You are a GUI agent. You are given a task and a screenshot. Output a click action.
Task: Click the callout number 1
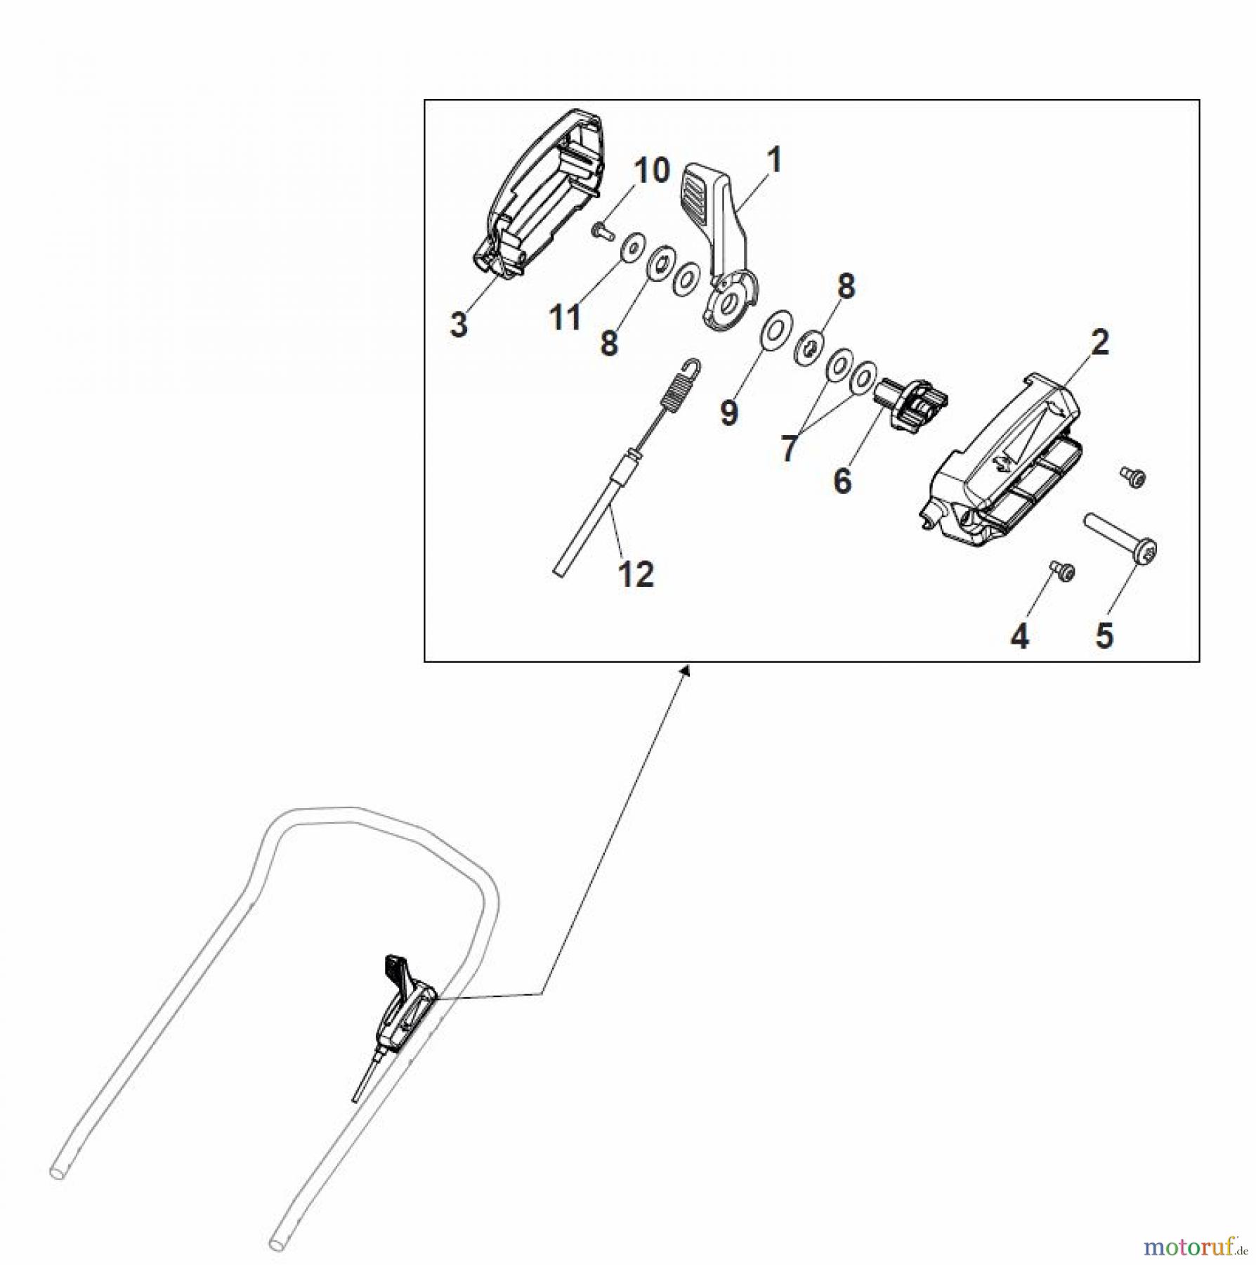click(773, 160)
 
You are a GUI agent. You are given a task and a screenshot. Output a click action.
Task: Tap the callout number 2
click(1099, 342)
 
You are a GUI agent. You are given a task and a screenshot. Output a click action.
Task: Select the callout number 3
click(458, 325)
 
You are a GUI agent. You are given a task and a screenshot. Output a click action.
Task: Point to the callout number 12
click(636, 574)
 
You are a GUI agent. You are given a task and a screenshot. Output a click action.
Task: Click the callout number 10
click(652, 171)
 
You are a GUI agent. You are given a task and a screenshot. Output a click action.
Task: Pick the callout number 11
click(565, 318)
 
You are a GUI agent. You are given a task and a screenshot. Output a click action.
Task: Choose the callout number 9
click(729, 413)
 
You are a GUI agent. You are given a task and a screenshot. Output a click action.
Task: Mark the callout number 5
click(1104, 635)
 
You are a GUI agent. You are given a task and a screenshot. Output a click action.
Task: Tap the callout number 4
click(1019, 637)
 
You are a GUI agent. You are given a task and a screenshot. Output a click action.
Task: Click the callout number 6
click(842, 481)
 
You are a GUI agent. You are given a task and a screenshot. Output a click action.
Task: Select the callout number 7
click(789, 448)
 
